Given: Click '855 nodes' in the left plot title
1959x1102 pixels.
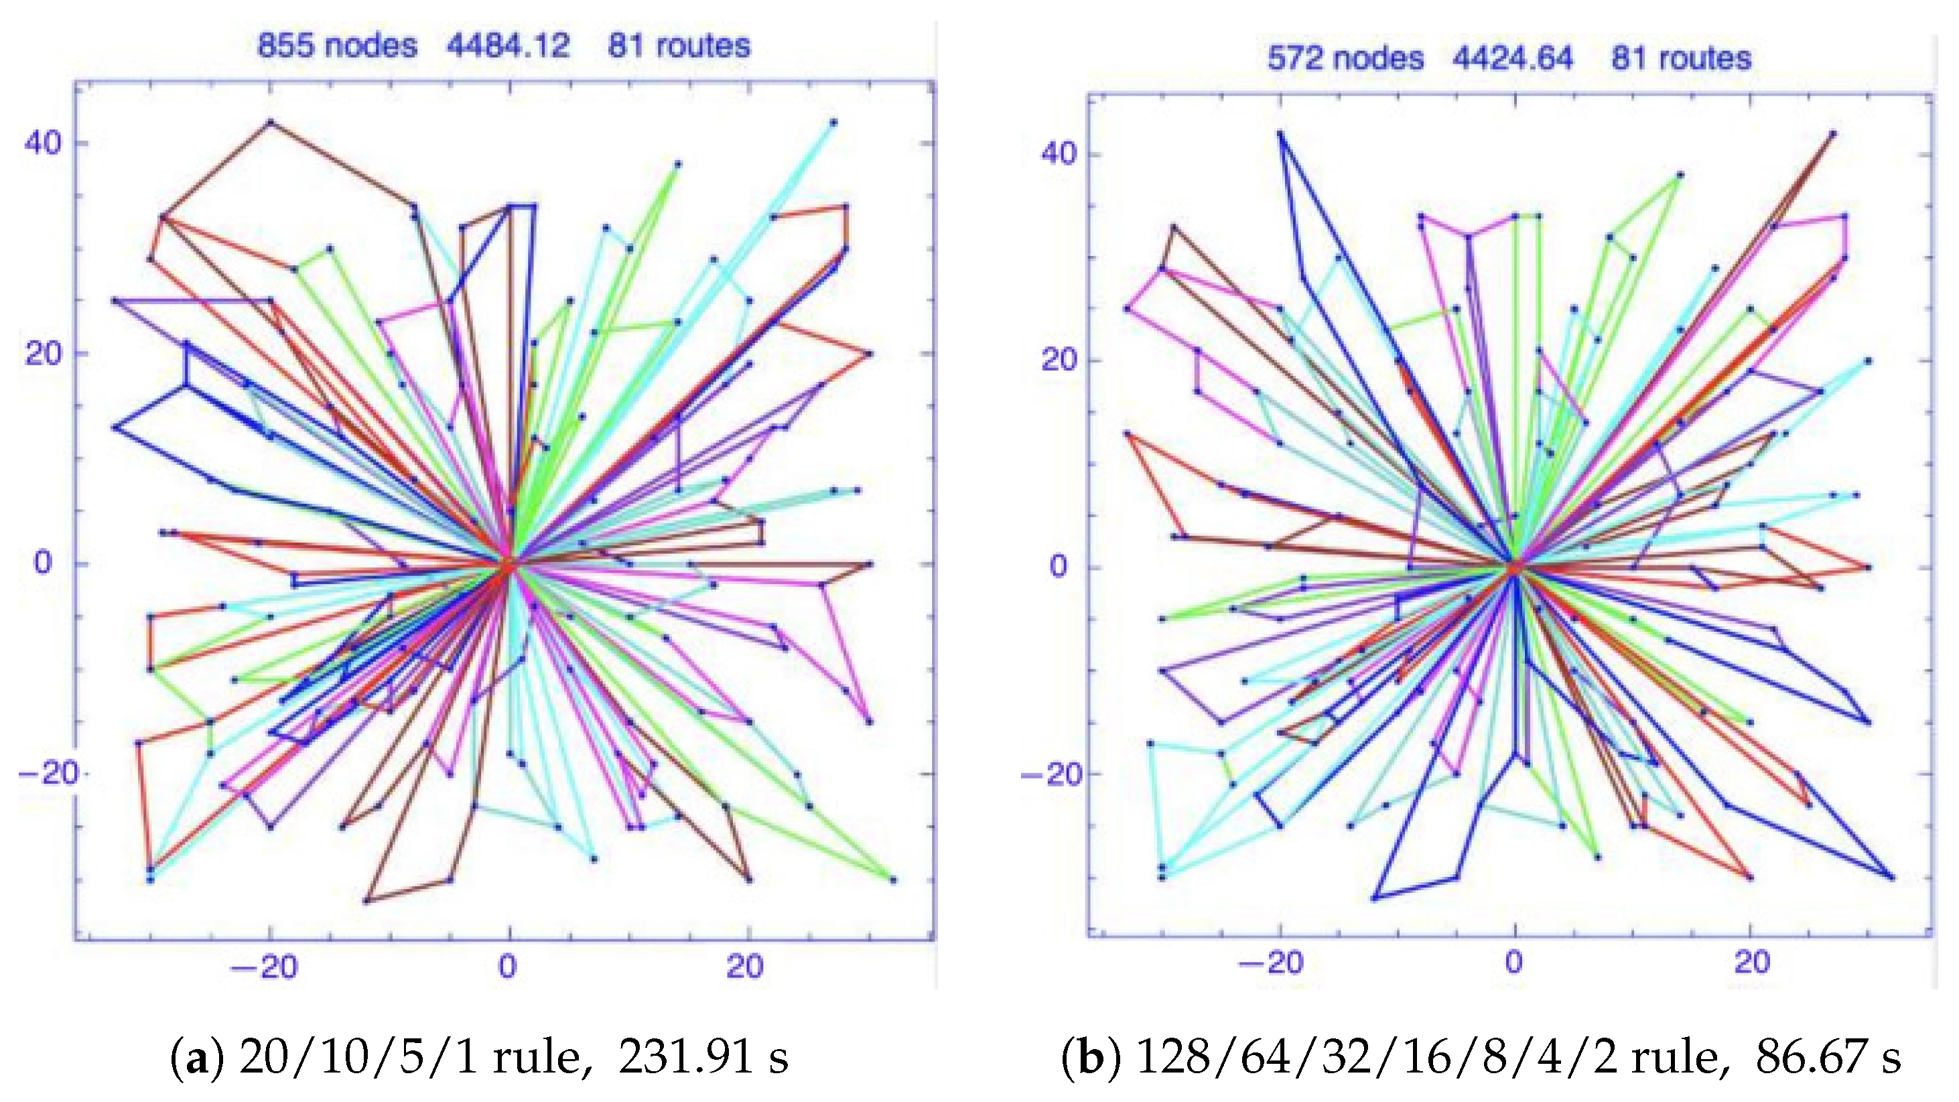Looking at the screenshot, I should point(337,46).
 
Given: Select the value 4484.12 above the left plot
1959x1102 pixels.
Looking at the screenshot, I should point(508,46).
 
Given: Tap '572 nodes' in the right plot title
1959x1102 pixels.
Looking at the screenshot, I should point(1345,58).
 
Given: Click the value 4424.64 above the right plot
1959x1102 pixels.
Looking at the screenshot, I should point(1513,58).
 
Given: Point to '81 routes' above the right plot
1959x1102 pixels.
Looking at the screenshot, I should point(1681,58).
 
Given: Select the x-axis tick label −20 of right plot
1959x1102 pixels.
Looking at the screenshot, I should point(1271,963).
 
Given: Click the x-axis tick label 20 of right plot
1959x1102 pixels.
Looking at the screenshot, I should point(1752,963).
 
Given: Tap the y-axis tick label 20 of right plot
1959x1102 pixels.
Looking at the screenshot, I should point(1059,360).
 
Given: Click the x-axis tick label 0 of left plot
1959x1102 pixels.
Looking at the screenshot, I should point(507,967).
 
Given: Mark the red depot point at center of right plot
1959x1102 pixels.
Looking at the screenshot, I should point(1513,567).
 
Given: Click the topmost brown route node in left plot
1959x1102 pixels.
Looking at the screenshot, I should point(269,122).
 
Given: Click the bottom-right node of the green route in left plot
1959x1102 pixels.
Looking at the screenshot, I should point(893,880).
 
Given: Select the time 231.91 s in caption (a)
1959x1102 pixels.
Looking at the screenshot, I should point(703,1057).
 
